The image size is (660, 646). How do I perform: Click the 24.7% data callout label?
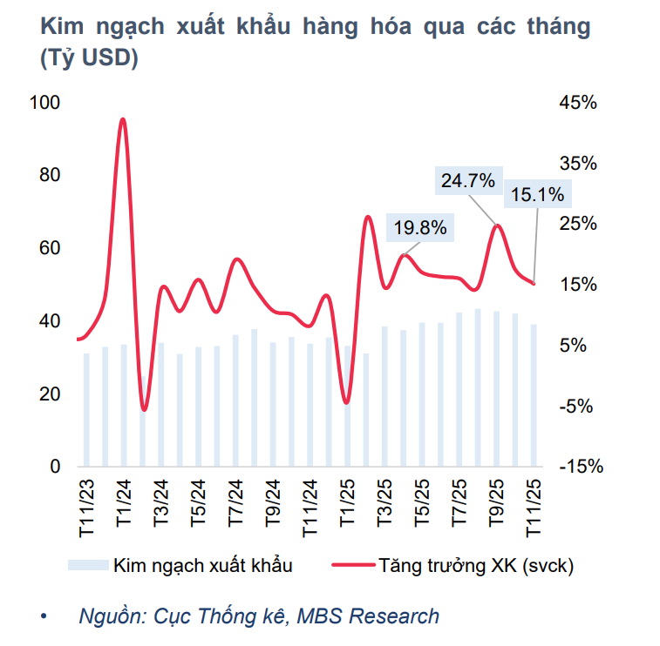pos(468,181)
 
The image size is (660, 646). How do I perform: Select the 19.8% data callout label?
pos(420,228)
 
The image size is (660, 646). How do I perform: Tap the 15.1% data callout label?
pos(537,194)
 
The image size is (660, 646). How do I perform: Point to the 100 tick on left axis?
pos(44,103)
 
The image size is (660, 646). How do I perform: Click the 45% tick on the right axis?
pos(577,103)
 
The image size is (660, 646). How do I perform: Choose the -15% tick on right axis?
pos(579,467)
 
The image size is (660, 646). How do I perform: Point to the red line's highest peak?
pos(123,119)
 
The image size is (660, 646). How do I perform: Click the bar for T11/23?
pos(86,409)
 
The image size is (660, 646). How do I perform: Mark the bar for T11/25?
pos(534,395)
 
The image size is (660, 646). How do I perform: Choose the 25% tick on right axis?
pos(577,224)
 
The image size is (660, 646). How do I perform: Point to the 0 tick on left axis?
pos(55,467)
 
